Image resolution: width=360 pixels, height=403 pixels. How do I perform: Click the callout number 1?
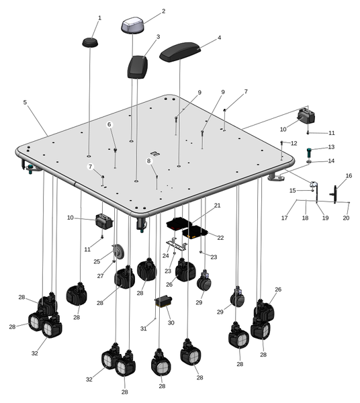tap(99, 18)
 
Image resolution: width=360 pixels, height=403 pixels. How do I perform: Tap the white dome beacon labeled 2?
tap(132, 26)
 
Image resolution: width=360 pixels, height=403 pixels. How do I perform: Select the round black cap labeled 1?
tap(90, 42)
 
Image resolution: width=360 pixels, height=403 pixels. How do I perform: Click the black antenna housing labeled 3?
tap(138, 66)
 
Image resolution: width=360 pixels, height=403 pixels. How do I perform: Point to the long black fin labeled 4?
tap(180, 52)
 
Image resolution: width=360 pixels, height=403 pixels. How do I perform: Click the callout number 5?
tap(25, 102)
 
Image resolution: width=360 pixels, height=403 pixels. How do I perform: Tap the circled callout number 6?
tap(109, 124)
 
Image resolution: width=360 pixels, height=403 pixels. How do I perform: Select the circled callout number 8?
tap(149, 161)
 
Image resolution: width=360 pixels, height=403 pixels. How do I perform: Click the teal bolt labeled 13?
tap(309, 152)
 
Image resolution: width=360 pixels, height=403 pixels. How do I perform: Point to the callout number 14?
tap(331, 161)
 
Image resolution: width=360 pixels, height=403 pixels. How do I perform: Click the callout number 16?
tap(349, 175)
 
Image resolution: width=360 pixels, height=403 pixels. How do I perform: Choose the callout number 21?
tap(218, 206)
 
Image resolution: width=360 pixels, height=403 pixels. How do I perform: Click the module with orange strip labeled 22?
tap(195, 232)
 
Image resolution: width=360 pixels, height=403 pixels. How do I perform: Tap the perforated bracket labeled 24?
tap(177, 245)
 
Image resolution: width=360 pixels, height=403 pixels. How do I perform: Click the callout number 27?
tap(100, 276)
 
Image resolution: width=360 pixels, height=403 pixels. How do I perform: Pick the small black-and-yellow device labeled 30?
tap(163, 301)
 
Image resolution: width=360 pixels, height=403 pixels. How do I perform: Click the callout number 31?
tap(143, 328)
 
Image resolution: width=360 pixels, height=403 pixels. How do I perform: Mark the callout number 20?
tap(346, 218)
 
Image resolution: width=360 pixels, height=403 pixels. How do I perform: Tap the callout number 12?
tap(294, 143)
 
